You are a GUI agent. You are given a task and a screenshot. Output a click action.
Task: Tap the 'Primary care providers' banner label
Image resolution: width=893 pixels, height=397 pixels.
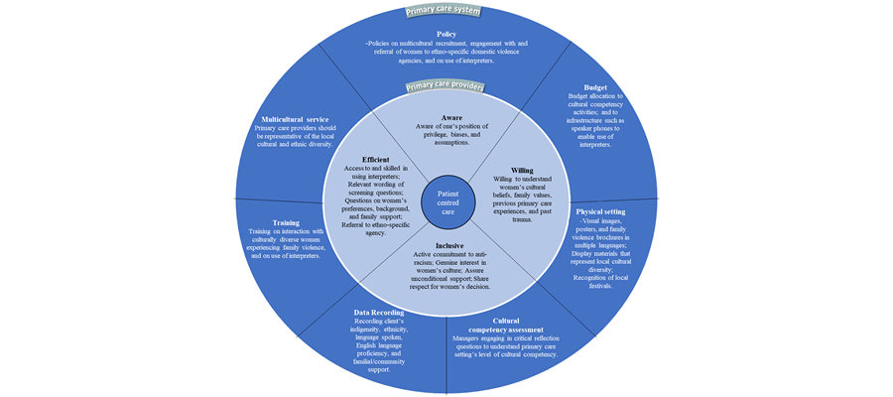445,86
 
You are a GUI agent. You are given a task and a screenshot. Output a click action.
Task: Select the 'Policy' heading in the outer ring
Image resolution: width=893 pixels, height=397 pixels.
446,33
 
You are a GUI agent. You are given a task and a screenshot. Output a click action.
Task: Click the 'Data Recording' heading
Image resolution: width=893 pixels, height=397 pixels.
378,312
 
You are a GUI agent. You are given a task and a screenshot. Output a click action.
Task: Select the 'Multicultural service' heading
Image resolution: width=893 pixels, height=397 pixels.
296,118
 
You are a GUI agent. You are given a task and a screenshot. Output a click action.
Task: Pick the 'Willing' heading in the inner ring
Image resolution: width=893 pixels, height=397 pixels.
521,170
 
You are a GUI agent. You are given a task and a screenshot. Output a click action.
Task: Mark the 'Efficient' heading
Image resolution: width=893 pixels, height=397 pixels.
375,159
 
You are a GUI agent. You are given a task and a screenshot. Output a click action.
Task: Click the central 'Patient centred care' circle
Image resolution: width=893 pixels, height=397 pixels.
446,198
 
